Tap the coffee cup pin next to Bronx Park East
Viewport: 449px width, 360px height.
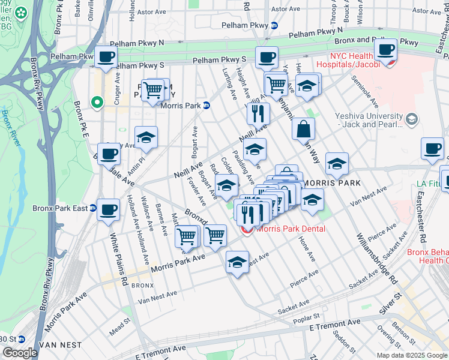(108, 210)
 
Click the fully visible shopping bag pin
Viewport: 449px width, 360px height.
(304, 128)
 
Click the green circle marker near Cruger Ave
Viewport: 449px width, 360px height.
(95, 103)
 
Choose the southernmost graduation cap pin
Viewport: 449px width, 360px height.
(238, 262)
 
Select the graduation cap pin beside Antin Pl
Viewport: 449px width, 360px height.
(146, 137)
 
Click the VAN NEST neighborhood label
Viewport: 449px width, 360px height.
(57, 345)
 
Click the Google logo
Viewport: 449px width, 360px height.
(19, 353)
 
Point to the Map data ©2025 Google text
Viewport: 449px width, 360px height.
(411, 355)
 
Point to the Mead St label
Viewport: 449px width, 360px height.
(119, 330)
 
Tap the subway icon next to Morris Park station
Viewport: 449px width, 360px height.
(206, 105)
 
